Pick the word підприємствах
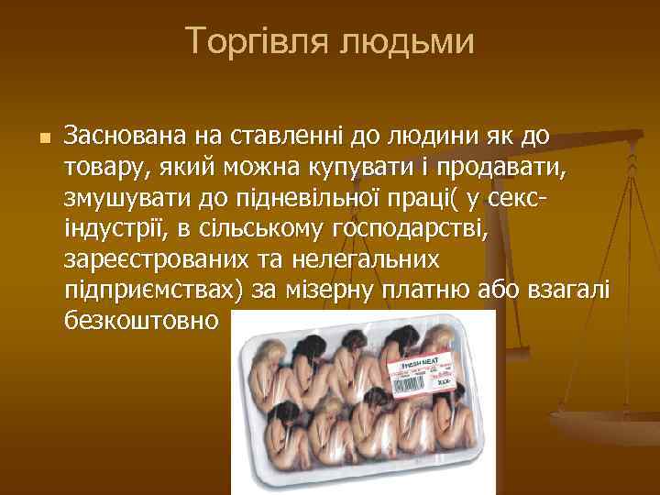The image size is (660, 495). click(x=148, y=290)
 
